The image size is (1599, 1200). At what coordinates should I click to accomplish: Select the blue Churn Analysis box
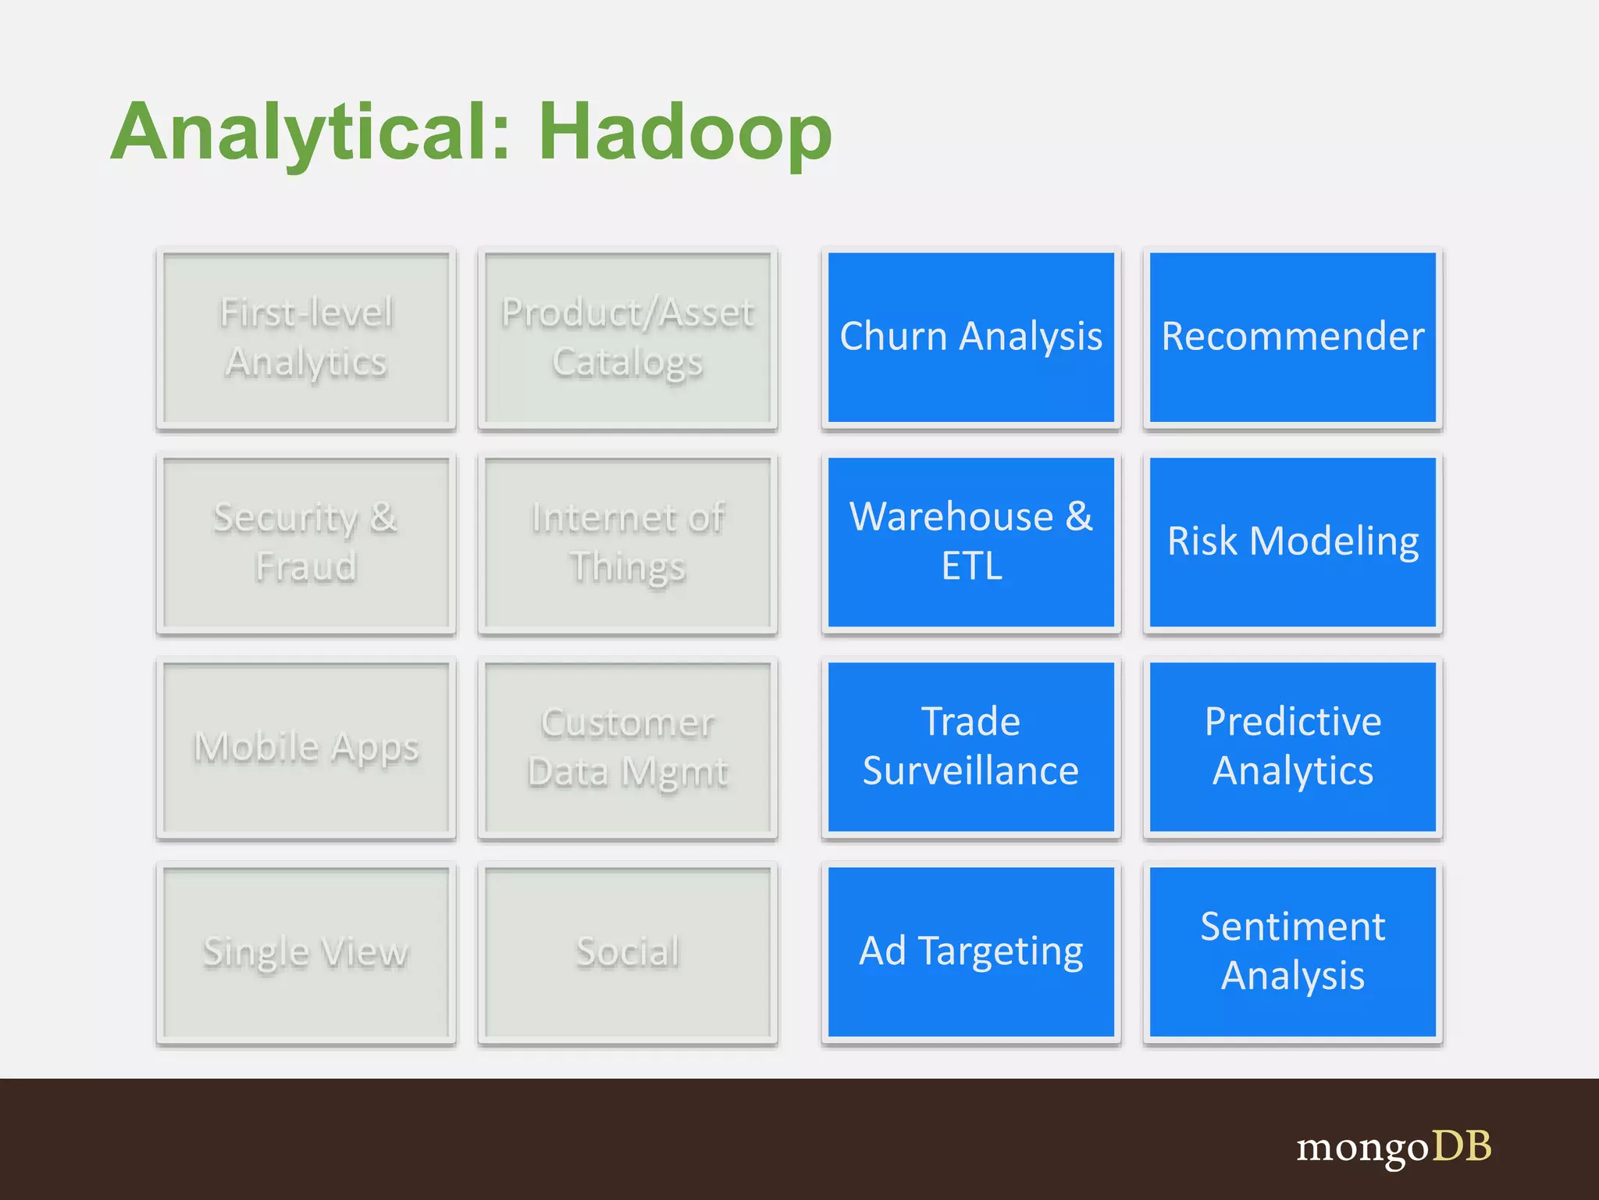point(970,337)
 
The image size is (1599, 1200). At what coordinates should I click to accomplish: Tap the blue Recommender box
point(1292,337)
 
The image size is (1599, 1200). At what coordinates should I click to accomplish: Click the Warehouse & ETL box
point(970,541)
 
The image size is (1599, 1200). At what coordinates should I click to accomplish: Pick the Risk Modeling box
point(1292,541)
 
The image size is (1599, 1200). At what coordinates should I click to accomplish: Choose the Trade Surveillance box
point(970,746)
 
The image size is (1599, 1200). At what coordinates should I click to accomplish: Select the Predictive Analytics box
point(1292,746)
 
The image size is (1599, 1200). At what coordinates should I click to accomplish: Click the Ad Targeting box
point(970,952)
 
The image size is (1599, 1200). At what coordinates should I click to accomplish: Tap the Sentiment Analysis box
point(1292,952)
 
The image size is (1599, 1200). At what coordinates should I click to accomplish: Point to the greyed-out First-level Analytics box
point(306,337)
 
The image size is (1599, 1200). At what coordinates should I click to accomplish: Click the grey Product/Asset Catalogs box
point(628,337)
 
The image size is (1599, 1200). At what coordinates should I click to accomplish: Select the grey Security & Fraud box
point(306,541)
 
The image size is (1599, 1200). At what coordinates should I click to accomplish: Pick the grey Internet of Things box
point(628,541)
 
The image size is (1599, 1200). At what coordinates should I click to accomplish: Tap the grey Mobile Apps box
point(306,746)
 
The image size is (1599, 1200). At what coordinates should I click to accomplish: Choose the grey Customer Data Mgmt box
point(628,746)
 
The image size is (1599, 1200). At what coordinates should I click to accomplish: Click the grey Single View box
point(306,952)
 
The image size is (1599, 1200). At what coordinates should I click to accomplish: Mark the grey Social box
point(628,952)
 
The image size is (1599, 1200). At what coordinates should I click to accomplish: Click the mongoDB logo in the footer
point(1394,1147)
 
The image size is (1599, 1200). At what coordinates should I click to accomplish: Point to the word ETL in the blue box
point(971,566)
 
